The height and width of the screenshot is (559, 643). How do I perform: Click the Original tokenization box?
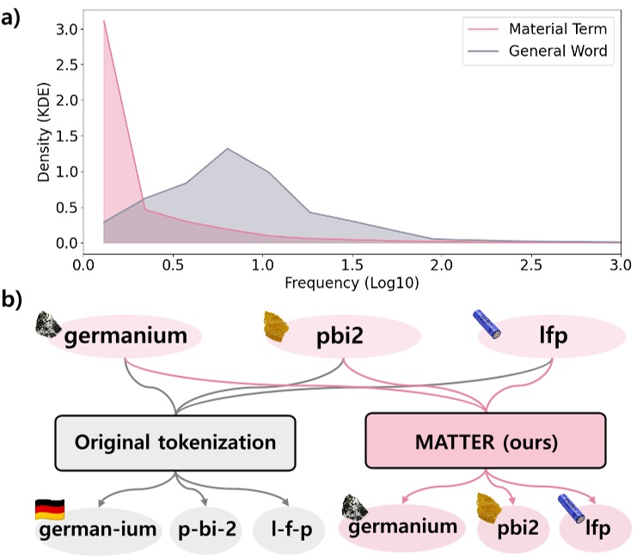click(x=175, y=442)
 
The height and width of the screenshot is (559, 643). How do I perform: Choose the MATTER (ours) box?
click(x=487, y=442)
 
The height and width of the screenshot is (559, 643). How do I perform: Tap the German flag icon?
click(x=48, y=508)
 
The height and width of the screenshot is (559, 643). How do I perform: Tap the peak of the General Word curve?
click(x=228, y=149)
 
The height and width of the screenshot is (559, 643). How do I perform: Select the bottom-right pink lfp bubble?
click(x=597, y=527)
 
